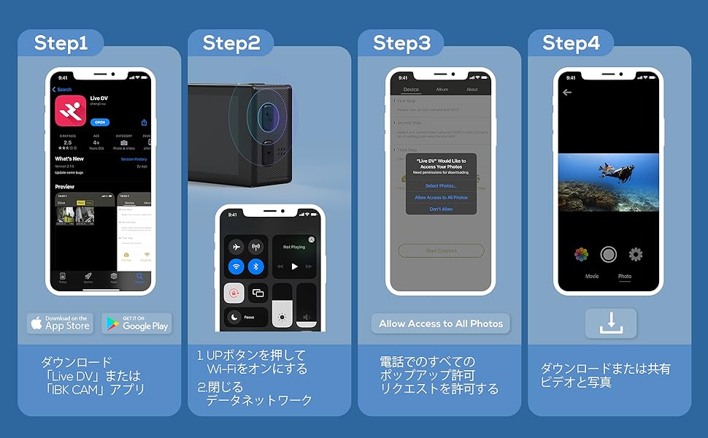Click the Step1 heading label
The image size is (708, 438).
[61, 43]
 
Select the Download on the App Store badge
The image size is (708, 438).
[60, 323]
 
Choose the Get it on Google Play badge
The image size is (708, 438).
[136, 323]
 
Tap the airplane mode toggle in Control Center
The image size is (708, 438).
[236, 247]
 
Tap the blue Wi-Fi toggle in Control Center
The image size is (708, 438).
[236, 267]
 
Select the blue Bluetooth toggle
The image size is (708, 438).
[255, 267]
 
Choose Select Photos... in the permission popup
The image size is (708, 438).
[441, 185]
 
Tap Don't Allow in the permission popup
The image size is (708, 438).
[441, 209]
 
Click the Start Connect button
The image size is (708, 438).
[441, 250]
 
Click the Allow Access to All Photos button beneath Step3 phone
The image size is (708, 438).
[441, 323]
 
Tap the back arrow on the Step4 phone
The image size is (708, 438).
[567, 93]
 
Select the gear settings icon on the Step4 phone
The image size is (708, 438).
[636, 254]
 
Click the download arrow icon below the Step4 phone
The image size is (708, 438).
[610, 323]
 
